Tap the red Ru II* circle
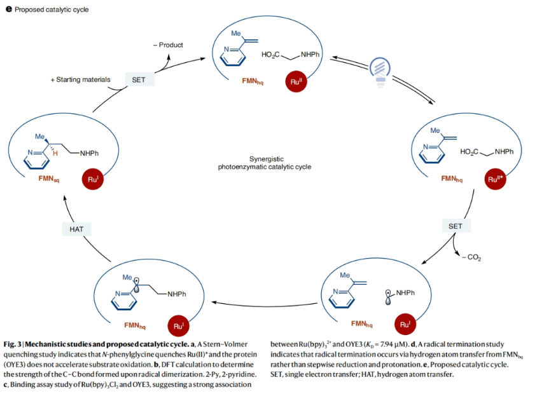point(496,179)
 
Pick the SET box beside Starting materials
point(138,79)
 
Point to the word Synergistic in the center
point(270,158)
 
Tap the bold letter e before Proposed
point(8,9)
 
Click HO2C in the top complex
point(274,56)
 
